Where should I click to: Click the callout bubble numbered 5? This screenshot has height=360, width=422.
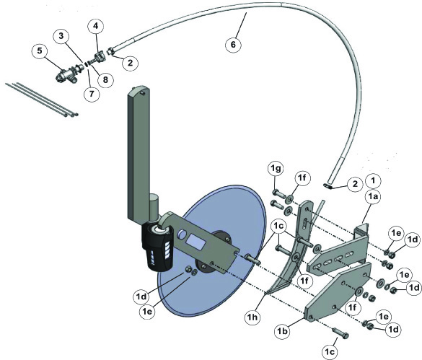(40, 51)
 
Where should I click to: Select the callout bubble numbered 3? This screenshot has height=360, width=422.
(61, 36)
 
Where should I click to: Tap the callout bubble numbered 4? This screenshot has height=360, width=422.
(96, 26)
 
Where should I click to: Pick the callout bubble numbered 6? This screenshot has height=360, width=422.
(233, 45)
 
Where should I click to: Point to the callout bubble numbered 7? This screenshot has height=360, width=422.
(92, 94)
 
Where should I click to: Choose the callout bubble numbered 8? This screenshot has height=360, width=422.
(105, 79)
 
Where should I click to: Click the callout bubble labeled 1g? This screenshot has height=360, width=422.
(276, 169)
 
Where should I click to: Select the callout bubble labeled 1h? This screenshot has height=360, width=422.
(252, 317)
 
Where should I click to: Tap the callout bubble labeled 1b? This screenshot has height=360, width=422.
(283, 331)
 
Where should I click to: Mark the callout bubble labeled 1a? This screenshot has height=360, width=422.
(374, 198)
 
